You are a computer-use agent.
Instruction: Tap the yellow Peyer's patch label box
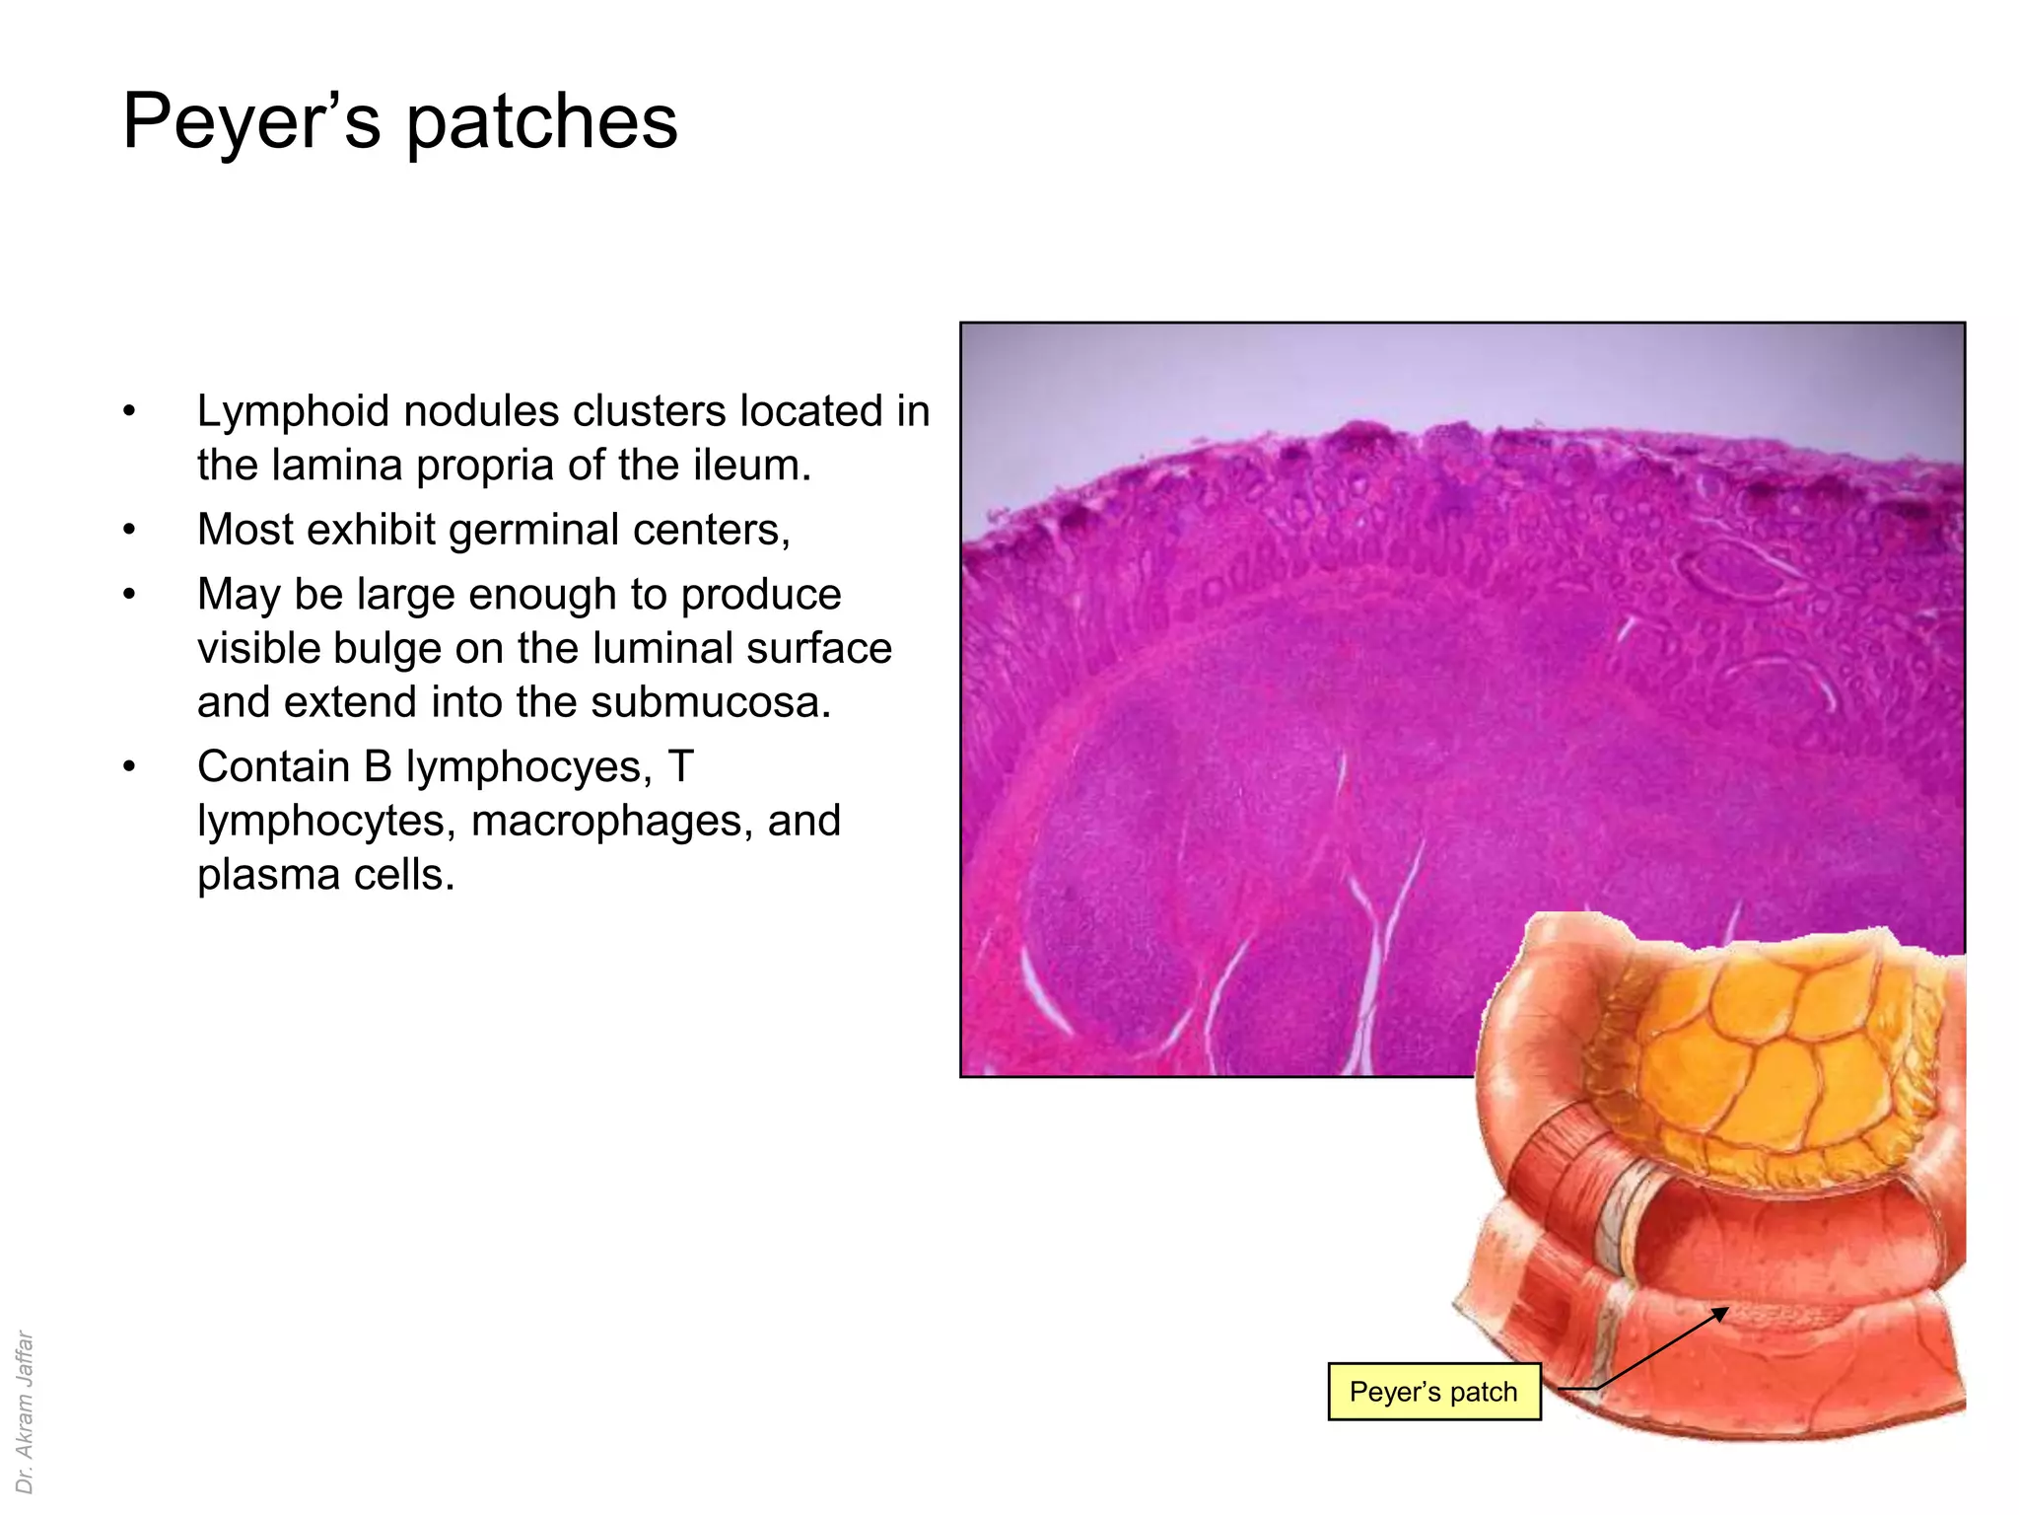click(x=1433, y=1392)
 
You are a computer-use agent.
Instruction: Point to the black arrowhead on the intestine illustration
click(x=1719, y=1313)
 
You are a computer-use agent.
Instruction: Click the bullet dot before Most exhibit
click(x=129, y=531)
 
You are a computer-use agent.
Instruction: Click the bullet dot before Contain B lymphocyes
click(x=129, y=767)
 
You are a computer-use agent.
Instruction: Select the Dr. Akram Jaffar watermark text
click(x=25, y=1410)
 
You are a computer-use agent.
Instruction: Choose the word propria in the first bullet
click(x=485, y=466)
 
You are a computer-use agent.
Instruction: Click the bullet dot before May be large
click(x=129, y=595)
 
